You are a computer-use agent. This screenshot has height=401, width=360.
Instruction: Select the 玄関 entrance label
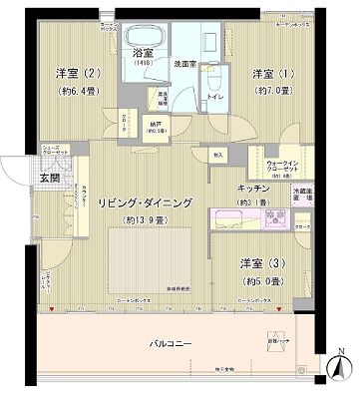[22, 178]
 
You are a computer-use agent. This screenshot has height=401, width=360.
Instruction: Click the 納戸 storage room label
[156, 125]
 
